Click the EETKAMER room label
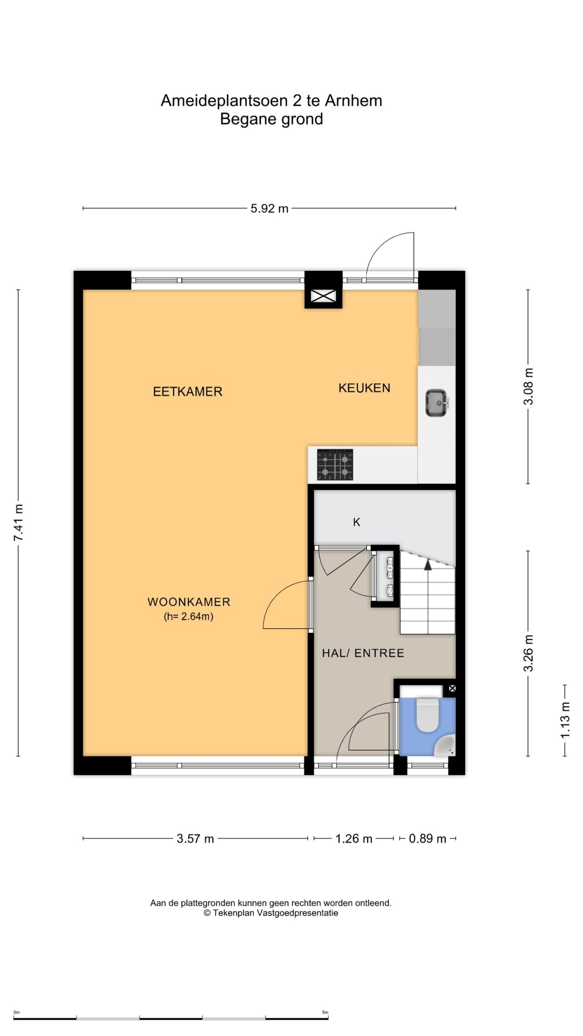pos(187,392)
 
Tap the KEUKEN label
pos(364,388)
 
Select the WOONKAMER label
pos(189,602)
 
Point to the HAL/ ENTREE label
pos(363,653)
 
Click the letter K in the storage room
pos(356,522)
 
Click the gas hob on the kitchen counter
pos(335,465)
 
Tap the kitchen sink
pos(437,402)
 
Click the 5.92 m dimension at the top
pos(269,208)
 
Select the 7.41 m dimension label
pos(18,523)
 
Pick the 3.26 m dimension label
pos(528,653)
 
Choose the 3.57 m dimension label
pos(195,839)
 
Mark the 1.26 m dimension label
pos(353,839)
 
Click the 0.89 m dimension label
pos(428,839)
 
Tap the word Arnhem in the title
pos(353,101)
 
